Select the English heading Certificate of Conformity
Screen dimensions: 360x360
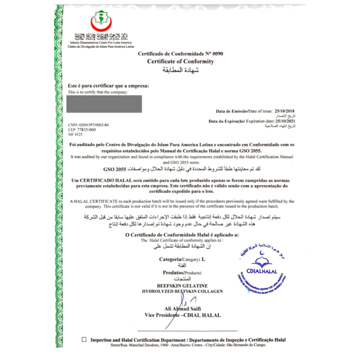click(x=180, y=61)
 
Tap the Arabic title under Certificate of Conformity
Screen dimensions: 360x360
click(x=181, y=69)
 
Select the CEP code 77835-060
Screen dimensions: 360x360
click(x=82, y=129)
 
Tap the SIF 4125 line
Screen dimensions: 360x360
click(x=75, y=134)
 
